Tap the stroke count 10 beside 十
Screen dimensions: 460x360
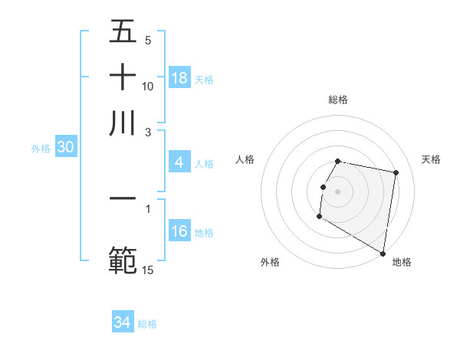coord(148,86)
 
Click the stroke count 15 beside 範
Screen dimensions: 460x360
coord(148,270)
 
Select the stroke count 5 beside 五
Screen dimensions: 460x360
coord(148,40)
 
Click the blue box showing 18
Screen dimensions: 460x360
coord(179,78)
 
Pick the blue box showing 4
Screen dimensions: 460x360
coord(179,162)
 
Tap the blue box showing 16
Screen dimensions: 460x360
coord(179,232)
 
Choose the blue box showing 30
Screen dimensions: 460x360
coord(64,148)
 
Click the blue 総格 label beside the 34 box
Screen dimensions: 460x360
coord(147,324)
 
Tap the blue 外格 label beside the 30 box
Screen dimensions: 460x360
coord(41,149)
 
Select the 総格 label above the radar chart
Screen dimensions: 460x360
coord(337,100)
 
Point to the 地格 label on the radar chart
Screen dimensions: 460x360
coord(402,262)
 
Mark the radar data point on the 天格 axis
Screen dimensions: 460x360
coord(396,174)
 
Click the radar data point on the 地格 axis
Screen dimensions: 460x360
coord(382,253)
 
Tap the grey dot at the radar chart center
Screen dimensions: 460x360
coord(337,191)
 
